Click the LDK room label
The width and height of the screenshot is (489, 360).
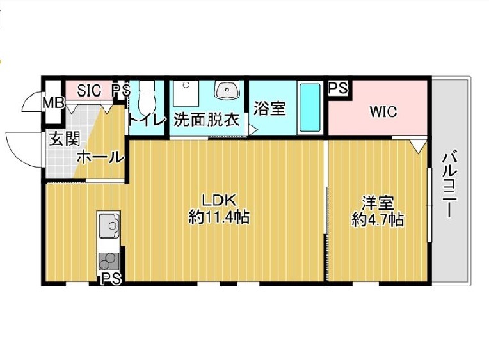[x=219, y=200]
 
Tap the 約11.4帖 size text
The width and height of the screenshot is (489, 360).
[x=219, y=217]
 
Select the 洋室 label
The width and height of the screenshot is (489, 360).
[x=378, y=203]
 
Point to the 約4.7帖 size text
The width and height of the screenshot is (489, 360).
[x=378, y=220]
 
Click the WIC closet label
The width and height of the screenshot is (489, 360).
[x=383, y=112]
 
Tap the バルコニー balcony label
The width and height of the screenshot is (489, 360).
[x=450, y=184]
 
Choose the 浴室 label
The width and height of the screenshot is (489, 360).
[x=269, y=108]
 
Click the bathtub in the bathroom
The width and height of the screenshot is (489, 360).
[x=310, y=107]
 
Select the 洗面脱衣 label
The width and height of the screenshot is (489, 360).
[x=206, y=120]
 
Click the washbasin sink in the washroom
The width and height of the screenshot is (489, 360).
[x=227, y=90]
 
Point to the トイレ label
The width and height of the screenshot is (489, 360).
[x=147, y=120]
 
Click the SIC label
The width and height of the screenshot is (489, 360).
[x=89, y=90]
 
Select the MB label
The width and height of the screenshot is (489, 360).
[x=53, y=102]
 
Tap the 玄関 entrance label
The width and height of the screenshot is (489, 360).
[x=65, y=139]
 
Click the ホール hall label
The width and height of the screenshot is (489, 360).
[x=100, y=157]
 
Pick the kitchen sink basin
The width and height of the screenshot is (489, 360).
[x=109, y=224]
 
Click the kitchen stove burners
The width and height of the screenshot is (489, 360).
[x=109, y=261]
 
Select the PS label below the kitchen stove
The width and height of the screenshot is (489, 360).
[x=111, y=279]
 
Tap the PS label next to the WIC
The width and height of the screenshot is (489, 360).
[x=338, y=88]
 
